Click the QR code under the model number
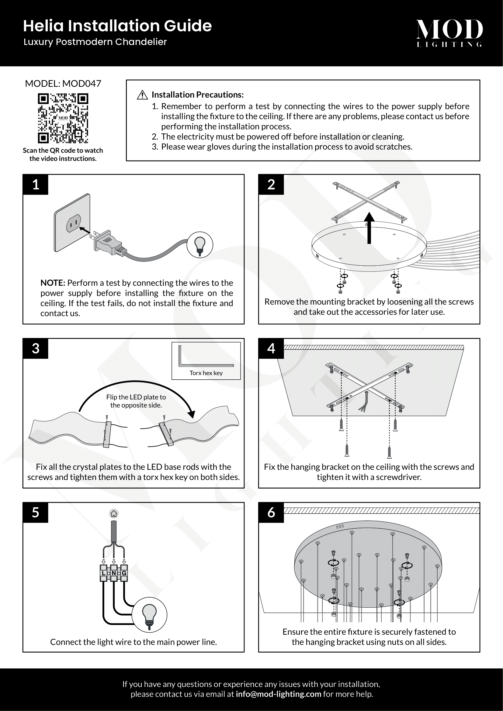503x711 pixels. pos(63,118)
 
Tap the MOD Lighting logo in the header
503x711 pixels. pos(449,33)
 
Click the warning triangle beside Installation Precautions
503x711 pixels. pos(142,95)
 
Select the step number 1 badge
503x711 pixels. pos(36,185)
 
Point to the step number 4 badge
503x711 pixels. pos(271,348)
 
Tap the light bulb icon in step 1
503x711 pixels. pos(200,245)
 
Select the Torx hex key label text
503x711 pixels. pos(206,373)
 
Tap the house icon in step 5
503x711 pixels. pos(114,514)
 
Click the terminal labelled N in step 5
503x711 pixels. pos(114,573)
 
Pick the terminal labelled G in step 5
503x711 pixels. pos(124,573)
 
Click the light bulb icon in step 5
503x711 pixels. pos(149,615)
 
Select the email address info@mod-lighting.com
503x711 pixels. pos(278,694)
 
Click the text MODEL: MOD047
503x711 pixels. pos(63,84)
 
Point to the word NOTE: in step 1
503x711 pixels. pos(53,283)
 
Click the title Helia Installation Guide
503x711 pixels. pos(117,26)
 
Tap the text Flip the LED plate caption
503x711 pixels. pos(136,401)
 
